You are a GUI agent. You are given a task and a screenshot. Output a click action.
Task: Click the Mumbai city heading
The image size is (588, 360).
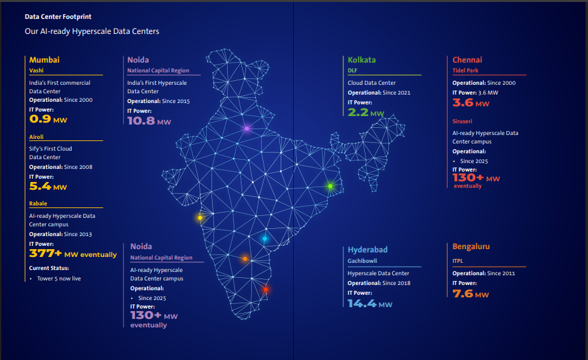click(x=44, y=60)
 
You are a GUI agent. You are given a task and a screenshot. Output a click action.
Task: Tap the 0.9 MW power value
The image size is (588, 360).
click(x=48, y=119)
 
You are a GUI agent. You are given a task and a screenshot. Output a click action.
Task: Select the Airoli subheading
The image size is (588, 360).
click(x=37, y=137)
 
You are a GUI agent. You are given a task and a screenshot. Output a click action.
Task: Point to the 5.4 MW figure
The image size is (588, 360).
click(x=48, y=187)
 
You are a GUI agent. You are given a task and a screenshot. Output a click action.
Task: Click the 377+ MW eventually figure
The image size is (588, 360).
click(x=73, y=254)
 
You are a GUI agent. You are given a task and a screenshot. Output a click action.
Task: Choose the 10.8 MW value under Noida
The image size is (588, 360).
click(x=149, y=121)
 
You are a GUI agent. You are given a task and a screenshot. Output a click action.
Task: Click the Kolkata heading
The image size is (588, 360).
click(x=362, y=60)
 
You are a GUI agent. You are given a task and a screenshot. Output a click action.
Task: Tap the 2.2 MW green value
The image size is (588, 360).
click(x=366, y=112)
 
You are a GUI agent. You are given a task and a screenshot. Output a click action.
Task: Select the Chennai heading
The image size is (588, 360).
click(x=467, y=60)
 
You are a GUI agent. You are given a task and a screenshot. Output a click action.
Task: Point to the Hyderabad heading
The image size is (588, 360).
click(x=367, y=250)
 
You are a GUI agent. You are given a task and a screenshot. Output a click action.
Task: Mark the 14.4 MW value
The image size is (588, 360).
click(x=370, y=303)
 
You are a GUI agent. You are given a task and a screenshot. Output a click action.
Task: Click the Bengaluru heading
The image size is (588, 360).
click(x=471, y=247)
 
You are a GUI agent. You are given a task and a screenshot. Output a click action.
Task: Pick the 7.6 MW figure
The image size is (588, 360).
click(x=471, y=294)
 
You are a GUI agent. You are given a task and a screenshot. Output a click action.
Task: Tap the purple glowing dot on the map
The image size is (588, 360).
click(x=247, y=128)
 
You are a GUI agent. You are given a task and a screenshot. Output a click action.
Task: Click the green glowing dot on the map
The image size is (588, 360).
click(x=330, y=187)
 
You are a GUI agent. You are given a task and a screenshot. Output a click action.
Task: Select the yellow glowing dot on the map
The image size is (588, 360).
click(x=200, y=218)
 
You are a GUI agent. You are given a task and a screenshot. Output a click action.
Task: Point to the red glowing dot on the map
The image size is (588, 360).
click(x=266, y=290)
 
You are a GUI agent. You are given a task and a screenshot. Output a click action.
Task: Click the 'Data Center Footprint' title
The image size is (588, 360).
click(x=54, y=16)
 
